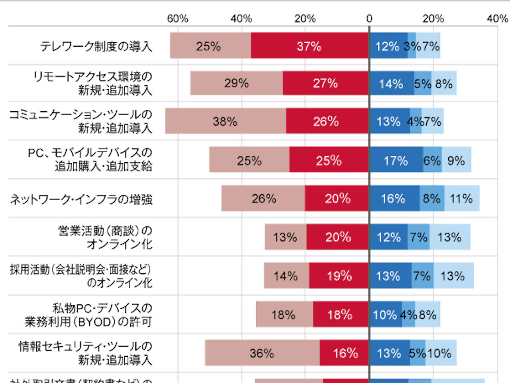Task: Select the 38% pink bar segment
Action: [x=226, y=121]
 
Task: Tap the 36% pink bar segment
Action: [x=262, y=353]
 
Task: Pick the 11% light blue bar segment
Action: [x=462, y=198]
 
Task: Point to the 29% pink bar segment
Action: [x=236, y=83]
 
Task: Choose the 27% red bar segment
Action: [x=326, y=83]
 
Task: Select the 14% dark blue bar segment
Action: [x=391, y=83]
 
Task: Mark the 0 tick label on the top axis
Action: [x=369, y=18]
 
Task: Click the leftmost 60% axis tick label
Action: [x=177, y=18]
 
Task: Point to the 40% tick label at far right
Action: [x=497, y=18]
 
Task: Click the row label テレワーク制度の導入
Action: [x=96, y=46]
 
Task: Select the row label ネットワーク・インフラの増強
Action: [x=81, y=199]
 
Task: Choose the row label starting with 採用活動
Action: [x=81, y=276]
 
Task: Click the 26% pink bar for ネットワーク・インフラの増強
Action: [x=263, y=198]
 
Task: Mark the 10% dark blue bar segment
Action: [x=385, y=314]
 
